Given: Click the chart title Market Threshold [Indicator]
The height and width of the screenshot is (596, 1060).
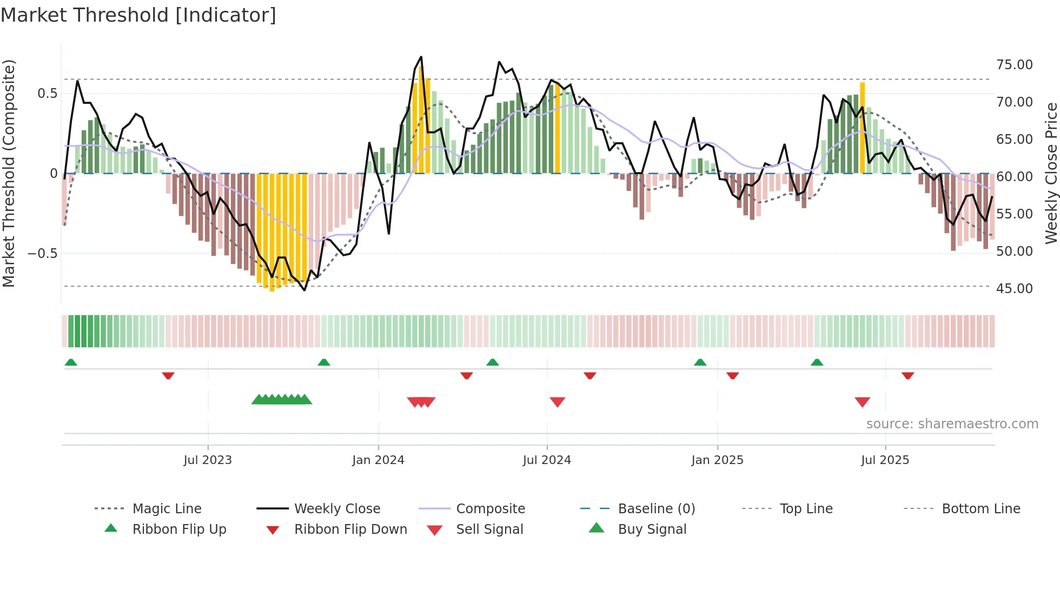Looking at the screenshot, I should click(138, 15).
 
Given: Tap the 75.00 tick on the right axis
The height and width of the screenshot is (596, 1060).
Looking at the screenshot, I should click(1014, 65).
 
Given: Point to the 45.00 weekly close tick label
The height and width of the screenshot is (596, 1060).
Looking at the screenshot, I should click(1014, 289).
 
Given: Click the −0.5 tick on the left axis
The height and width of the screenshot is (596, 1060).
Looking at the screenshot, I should click(43, 254).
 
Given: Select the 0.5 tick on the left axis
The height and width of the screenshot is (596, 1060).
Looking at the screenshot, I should click(47, 94).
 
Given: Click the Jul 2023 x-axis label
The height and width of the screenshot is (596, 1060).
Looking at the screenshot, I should click(208, 460).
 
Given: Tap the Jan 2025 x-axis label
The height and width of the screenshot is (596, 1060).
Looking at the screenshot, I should click(717, 460).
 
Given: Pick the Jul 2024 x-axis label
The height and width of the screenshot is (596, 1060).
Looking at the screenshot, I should click(547, 460).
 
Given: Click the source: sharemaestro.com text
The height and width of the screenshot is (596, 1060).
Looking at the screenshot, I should click(952, 424).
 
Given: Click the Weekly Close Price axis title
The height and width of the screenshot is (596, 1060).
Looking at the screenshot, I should click(1051, 173).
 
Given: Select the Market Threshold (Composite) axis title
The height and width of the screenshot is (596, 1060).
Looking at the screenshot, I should click(9, 173).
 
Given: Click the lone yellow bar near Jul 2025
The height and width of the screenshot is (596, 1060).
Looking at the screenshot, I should click(863, 128).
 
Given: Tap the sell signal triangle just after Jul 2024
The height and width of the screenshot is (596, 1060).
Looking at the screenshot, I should click(557, 402).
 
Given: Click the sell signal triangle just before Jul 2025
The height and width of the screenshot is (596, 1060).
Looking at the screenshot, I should click(862, 402).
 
